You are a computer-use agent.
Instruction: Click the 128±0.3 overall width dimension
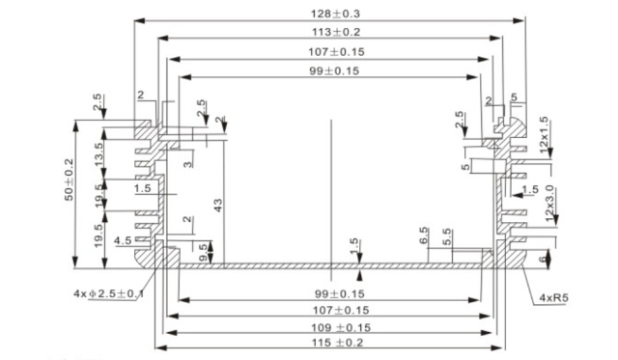(330, 14)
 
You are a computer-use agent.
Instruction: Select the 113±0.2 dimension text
(329, 32)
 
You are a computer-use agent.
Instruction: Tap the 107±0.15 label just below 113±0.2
(329, 51)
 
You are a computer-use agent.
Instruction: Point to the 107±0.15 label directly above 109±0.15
(329, 310)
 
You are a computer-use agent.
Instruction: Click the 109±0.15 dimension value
(329, 327)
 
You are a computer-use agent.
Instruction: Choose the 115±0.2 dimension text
(329, 344)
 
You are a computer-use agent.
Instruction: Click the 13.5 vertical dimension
(98, 152)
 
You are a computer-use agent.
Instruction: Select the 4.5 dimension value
(123, 240)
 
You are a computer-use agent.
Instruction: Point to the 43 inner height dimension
(218, 204)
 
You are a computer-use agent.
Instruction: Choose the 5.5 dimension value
(446, 236)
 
